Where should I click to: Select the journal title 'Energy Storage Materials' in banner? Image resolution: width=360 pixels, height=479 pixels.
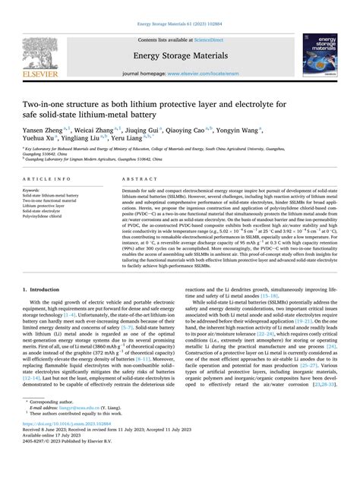click(180, 54)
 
